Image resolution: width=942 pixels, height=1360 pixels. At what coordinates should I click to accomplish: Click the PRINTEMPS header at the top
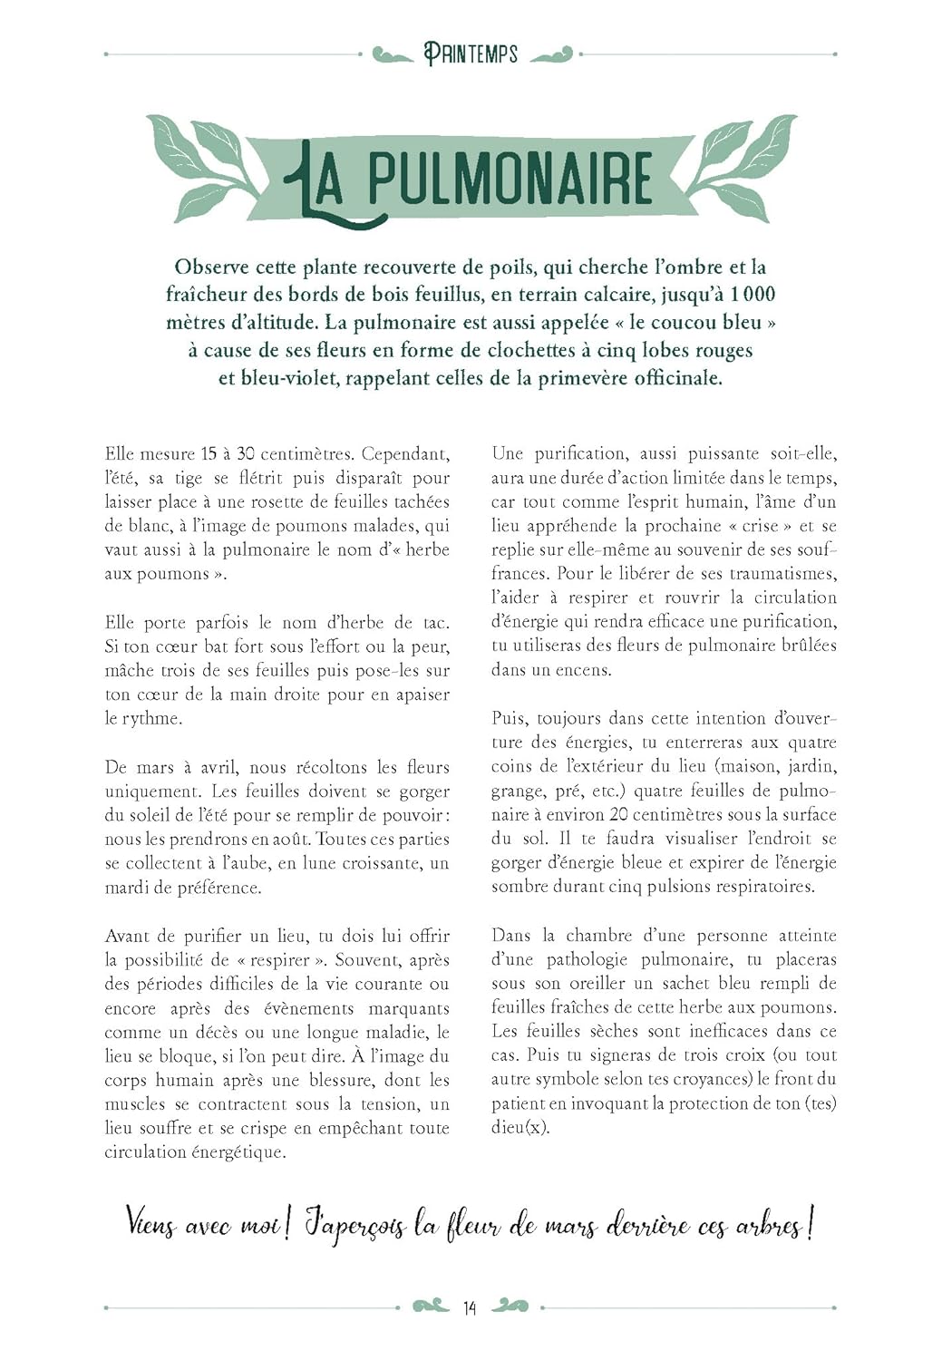[471, 54]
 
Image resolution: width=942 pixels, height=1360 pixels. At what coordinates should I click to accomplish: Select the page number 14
[470, 1307]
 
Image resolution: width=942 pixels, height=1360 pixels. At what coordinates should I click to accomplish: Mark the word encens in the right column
[585, 670]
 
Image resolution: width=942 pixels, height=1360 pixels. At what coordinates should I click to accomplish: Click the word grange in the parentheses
[516, 791]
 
